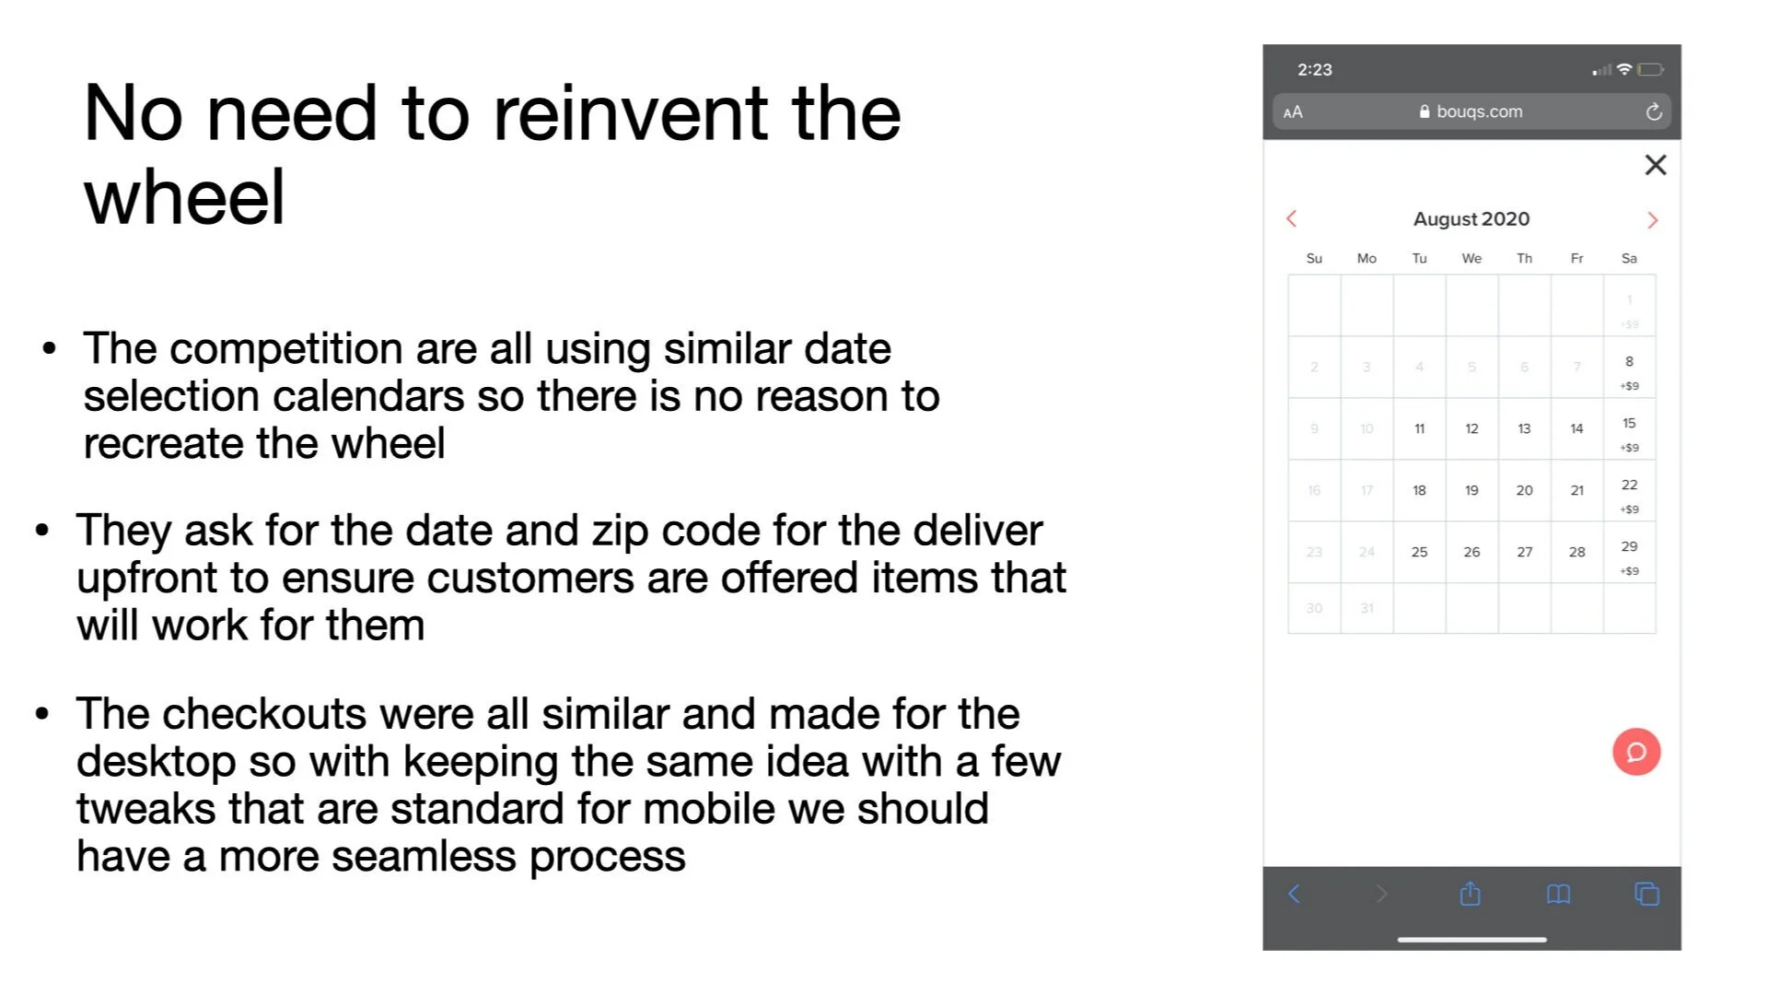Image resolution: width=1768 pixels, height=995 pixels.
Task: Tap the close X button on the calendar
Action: pos(1655,165)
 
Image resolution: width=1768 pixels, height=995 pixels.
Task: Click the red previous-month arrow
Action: pos(1291,218)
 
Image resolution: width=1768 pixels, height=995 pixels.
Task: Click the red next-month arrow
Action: pos(1652,220)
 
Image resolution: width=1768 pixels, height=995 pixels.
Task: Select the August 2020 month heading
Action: pos(1471,219)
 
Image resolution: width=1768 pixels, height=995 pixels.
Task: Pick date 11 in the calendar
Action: pos(1419,428)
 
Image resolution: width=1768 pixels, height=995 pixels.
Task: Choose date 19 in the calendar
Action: pos(1471,490)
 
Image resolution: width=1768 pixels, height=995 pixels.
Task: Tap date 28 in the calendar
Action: pos(1576,552)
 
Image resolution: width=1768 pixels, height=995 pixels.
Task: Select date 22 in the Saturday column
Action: pos(1629,486)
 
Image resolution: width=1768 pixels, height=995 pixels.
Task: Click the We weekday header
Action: pos(1471,259)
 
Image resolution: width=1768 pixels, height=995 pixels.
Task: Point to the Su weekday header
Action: pos(1314,259)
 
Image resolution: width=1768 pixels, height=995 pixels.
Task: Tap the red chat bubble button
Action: pos(1636,752)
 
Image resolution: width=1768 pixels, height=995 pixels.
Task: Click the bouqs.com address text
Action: pos(1479,111)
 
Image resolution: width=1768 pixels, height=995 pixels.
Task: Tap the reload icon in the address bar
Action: pos(1654,111)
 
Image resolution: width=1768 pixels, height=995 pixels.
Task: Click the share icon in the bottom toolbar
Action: pos(1470,894)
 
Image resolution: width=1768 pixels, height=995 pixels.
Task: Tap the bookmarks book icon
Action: pos(1558,894)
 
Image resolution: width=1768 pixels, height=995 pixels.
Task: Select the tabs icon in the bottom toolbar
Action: pos(1646,894)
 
